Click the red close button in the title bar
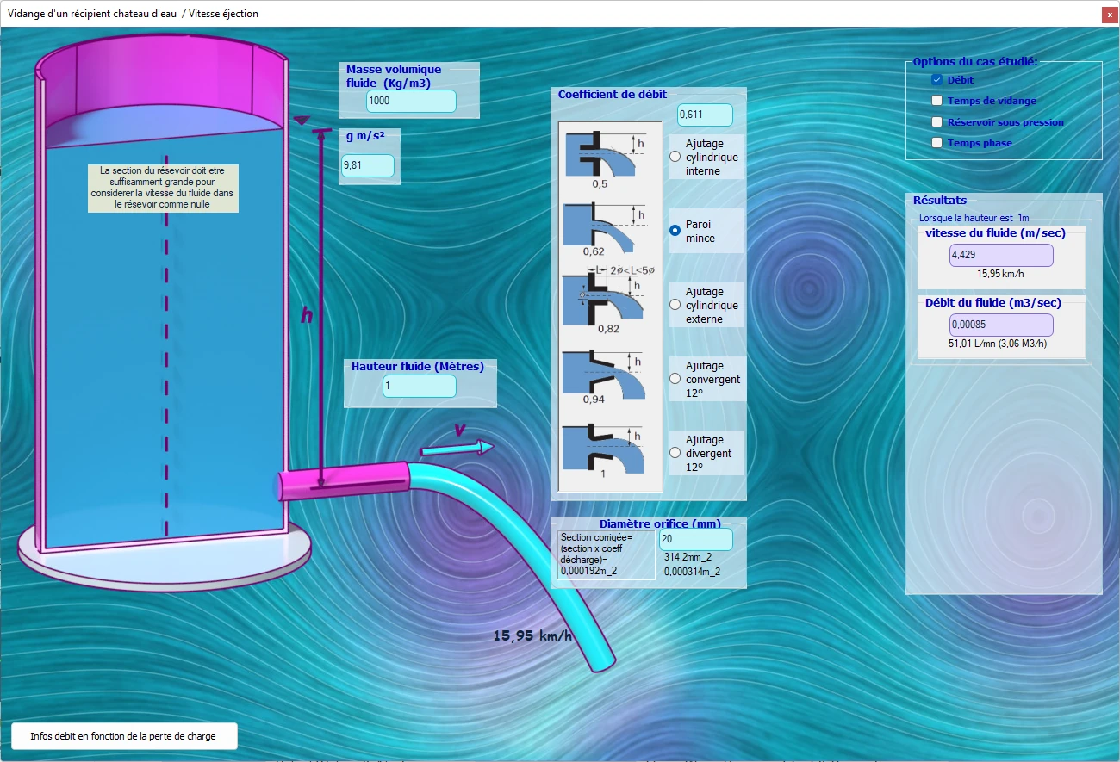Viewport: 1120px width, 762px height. coord(1109,15)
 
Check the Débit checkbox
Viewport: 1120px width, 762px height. coord(936,80)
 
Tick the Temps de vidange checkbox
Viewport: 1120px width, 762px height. coord(936,101)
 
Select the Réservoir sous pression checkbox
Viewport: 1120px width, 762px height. coord(936,122)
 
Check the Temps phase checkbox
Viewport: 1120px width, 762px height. coord(936,143)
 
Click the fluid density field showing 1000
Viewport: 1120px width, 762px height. coord(411,101)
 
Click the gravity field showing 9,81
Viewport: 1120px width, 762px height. coord(368,165)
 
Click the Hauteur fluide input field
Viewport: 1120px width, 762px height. coord(419,387)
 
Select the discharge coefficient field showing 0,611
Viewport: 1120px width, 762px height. coord(705,115)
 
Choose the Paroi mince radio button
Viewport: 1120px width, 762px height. coord(675,231)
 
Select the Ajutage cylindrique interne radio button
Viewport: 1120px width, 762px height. coord(675,157)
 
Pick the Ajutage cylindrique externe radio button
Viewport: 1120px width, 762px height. coord(675,304)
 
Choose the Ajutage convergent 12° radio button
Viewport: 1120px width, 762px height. coord(675,379)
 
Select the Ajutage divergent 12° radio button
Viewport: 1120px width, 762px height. coord(675,453)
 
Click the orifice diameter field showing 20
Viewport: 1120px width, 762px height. coord(696,539)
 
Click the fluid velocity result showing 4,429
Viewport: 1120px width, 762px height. coord(1001,256)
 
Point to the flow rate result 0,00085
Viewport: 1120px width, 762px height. coord(1001,325)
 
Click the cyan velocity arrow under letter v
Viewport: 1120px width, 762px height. coord(457,449)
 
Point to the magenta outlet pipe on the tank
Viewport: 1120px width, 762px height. coord(345,481)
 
